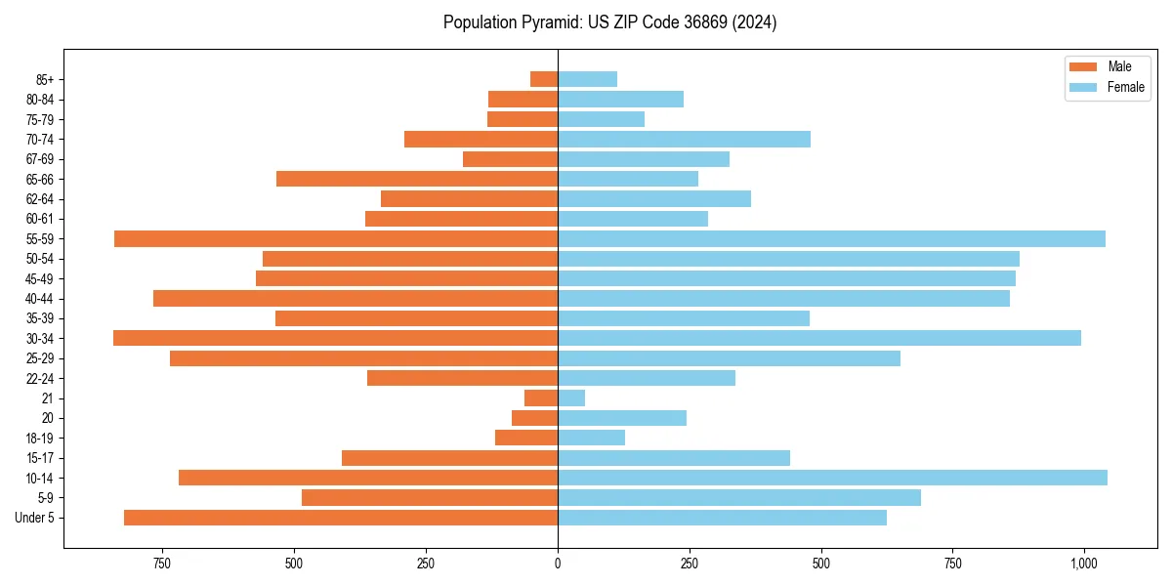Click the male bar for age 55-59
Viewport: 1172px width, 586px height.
click(x=336, y=238)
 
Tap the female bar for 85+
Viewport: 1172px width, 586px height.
click(x=587, y=79)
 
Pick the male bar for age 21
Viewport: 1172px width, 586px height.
click(x=541, y=398)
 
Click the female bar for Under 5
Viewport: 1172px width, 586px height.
click(x=722, y=518)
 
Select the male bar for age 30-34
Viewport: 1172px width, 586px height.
click(x=335, y=338)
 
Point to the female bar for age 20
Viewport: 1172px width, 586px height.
click(x=622, y=418)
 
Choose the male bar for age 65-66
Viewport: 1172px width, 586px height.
click(x=417, y=179)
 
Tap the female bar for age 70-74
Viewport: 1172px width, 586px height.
click(x=684, y=139)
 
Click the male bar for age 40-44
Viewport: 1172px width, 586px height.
click(x=356, y=298)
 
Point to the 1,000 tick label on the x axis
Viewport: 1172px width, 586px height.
click(x=1084, y=564)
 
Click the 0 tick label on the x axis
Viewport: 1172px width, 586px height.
click(x=558, y=564)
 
